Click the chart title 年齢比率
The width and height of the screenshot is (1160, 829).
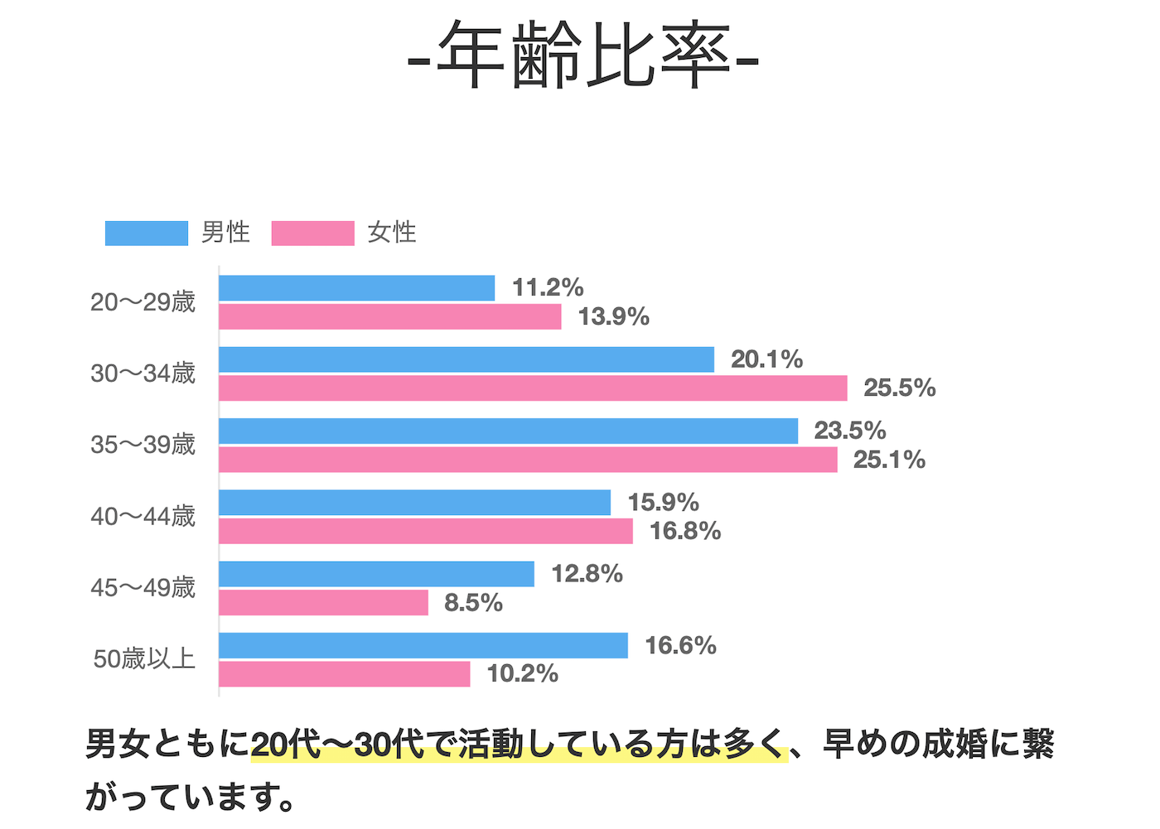tap(583, 56)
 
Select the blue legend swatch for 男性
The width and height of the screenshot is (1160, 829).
tap(147, 234)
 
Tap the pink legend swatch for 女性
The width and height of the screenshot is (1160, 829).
tap(312, 234)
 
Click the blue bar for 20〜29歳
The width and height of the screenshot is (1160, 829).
tap(356, 288)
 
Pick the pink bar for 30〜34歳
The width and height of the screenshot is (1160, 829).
tap(533, 388)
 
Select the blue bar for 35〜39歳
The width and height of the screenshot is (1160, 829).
tap(508, 431)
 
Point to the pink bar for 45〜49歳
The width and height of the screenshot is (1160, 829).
tap(323, 603)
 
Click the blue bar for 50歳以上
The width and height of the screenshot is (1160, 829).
tap(423, 646)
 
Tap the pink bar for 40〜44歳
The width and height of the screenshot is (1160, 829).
tap(426, 532)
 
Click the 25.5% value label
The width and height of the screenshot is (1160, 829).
tap(899, 388)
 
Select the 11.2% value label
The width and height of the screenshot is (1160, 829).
tap(548, 288)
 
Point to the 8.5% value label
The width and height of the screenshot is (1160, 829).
tap(473, 603)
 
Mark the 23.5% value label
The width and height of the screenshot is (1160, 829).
tap(849, 431)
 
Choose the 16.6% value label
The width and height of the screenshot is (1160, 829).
tap(680, 646)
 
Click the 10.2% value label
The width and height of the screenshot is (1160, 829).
tap(522, 674)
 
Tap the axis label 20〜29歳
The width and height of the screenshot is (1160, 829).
tap(143, 302)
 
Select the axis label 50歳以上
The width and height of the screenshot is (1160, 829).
tap(144, 659)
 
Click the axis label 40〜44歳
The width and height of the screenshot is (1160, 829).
tap(143, 517)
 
